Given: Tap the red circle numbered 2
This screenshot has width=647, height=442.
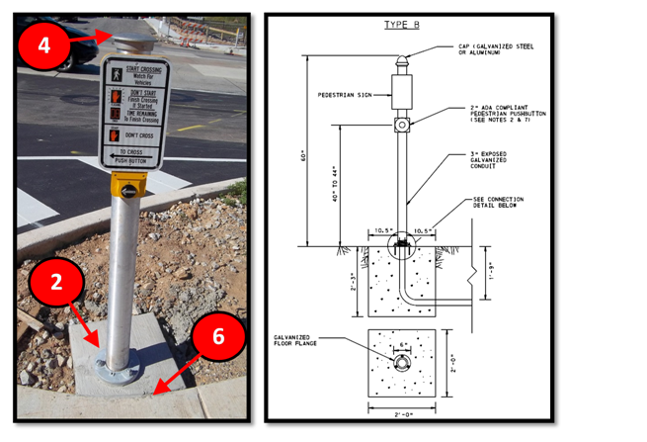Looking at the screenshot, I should (x=56, y=283).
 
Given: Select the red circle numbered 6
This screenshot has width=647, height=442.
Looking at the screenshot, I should (x=218, y=336).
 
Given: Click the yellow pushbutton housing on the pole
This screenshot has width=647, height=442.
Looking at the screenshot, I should (x=130, y=185).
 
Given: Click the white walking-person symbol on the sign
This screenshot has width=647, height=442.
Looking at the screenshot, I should (x=115, y=73).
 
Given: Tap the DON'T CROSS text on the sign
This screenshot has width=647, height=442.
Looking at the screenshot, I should (x=140, y=135).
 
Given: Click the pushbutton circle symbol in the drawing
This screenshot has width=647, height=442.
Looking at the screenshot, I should (x=403, y=126).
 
